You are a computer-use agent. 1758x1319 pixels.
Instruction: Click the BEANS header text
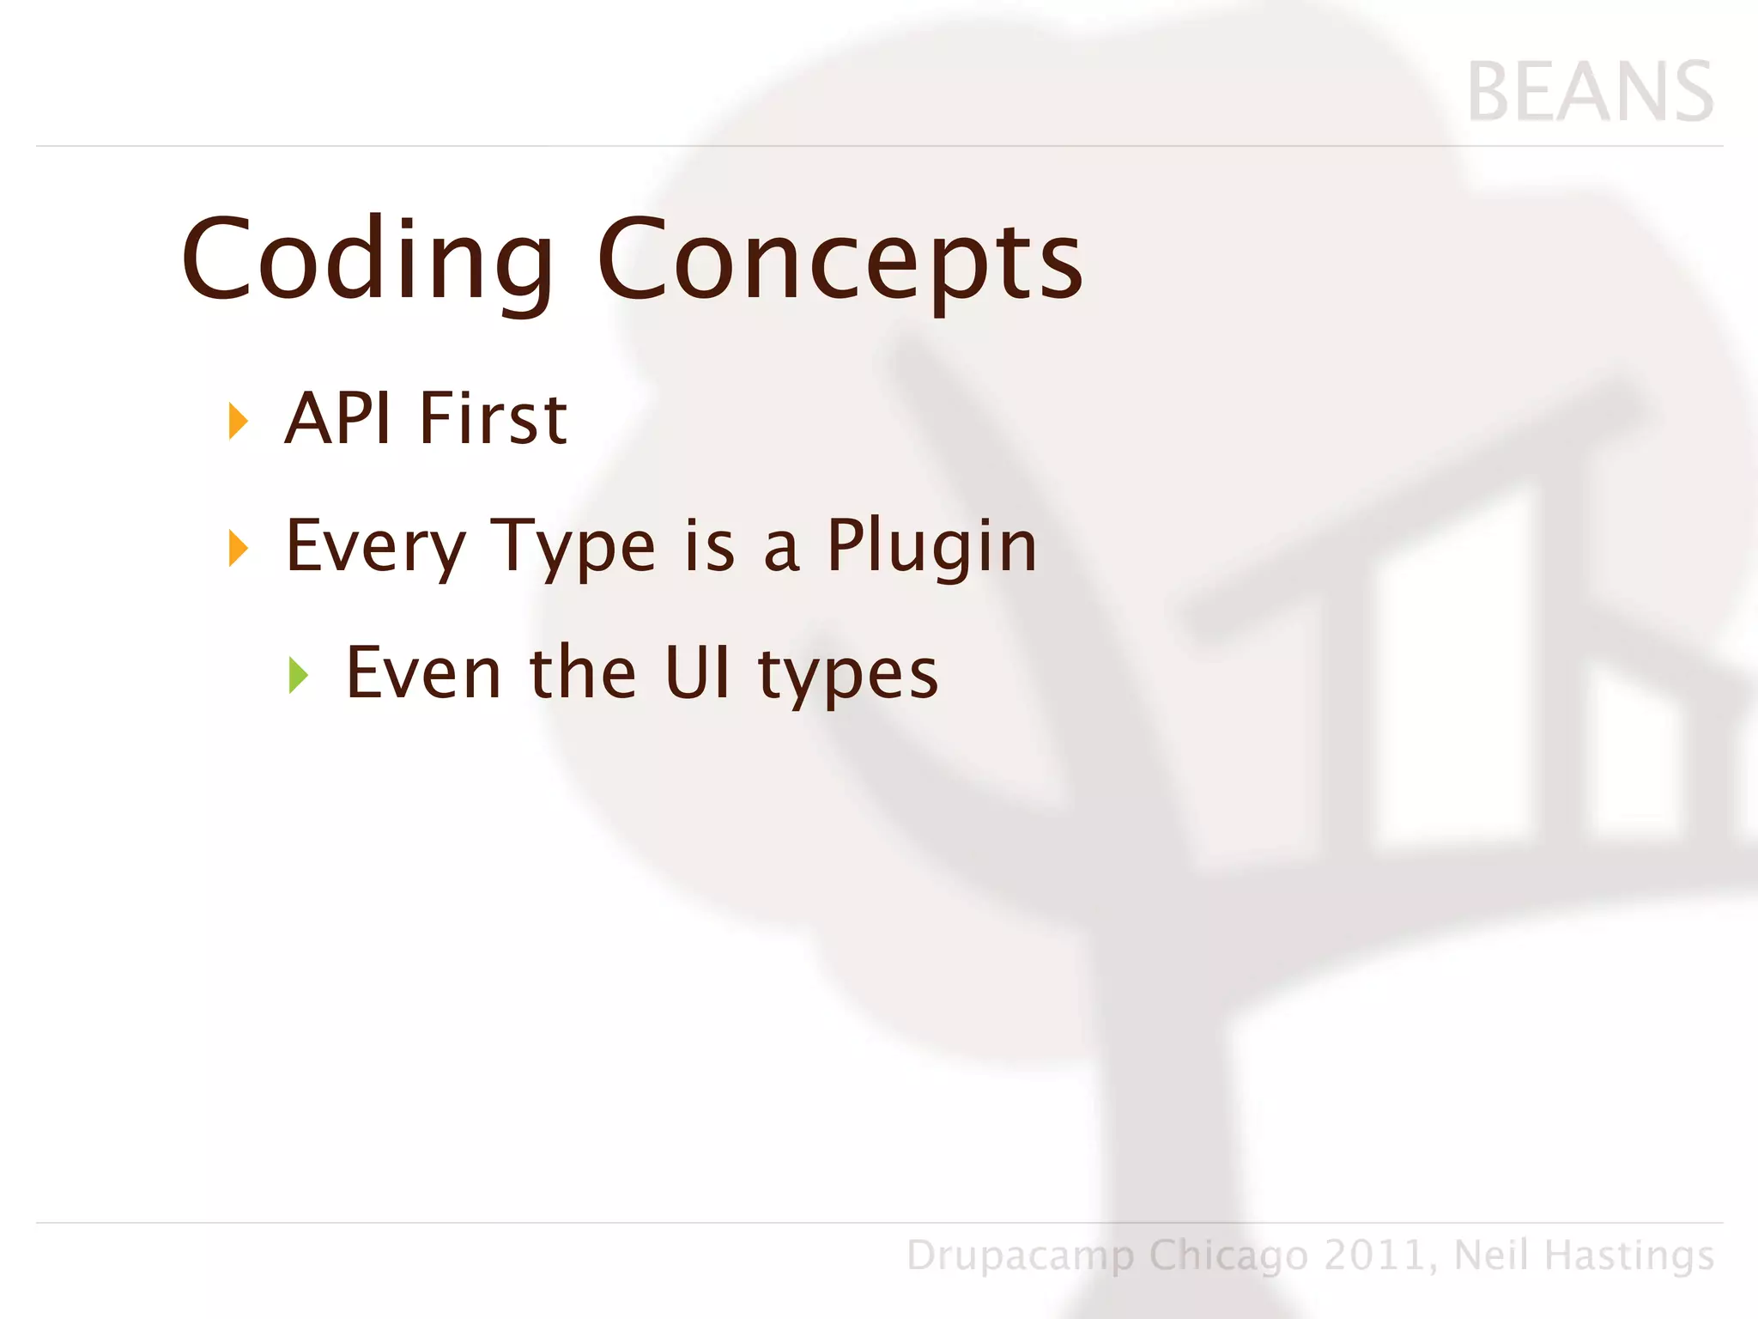pyautogui.click(x=1590, y=93)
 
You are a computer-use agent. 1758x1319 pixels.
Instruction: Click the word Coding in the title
pyautogui.click(x=367, y=260)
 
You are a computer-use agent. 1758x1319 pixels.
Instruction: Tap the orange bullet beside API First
pyautogui.click(x=238, y=422)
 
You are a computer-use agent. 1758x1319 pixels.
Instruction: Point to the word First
pyautogui.click(x=493, y=419)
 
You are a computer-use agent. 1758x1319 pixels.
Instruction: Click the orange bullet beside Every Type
pyautogui.click(x=238, y=548)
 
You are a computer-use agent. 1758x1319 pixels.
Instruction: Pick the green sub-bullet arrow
pyautogui.click(x=298, y=675)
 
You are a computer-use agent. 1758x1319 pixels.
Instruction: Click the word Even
pyautogui.click(x=423, y=674)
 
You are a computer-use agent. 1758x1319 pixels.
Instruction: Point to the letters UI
pyautogui.click(x=697, y=674)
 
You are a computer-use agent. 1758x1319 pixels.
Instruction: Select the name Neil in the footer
pyautogui.click(x=1491, y=1255)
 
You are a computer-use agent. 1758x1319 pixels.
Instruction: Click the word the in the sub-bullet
pyautogui.click(x=583, y=674)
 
